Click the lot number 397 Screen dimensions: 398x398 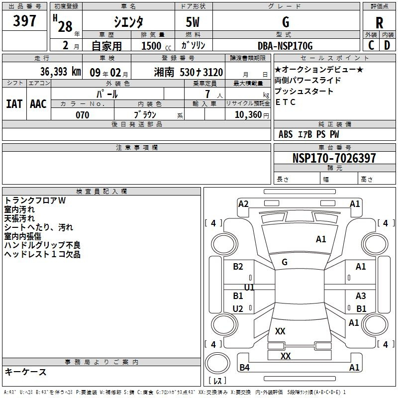(x=24, y=20)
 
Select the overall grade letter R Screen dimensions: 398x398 (x=379, y=23)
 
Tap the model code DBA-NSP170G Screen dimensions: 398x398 (x=285, y=46)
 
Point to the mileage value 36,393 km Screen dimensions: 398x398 (x=60, y=72)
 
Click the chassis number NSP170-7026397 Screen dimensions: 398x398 (x=334, y=158)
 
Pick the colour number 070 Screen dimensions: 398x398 (x=83, y=115)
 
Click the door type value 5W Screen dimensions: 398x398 (x=193, y=22)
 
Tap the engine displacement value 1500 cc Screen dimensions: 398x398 (x=156, y=46)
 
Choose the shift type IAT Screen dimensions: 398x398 (x=14, y=104)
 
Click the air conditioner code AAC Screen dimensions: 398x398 (x=38, y=104)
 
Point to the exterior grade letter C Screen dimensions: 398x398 (x=371, y=45)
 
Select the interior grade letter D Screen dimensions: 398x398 (x=387, y=45)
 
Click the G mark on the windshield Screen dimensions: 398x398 (x=285, y=262)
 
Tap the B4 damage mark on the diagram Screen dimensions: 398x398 (x=244, y=367)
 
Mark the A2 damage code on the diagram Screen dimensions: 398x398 (x=243, y=204)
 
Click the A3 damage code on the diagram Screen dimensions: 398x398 (x=361, y=296)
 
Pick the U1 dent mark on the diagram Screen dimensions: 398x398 (x=249, y=287)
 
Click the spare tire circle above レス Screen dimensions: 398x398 (x=217, y=363)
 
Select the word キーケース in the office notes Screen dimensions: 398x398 (x=26, y=372)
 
